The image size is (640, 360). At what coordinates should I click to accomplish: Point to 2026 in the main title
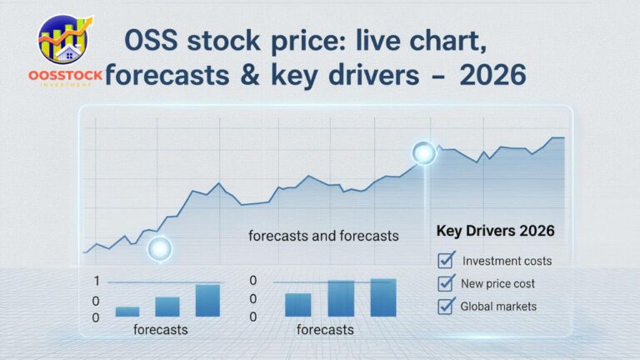point(490,76)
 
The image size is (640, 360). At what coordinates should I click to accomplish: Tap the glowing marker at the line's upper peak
point(424,152)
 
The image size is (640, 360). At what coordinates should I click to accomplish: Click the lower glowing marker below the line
point(158,248)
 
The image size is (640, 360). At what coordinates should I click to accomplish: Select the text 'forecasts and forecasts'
point(323,236)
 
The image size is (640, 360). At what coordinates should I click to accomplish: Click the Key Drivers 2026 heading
point(495,230)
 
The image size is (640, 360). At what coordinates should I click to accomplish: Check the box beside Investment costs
point(446,260)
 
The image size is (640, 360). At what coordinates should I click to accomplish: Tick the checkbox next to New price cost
point(446,283)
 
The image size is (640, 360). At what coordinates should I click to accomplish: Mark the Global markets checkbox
point(446,306)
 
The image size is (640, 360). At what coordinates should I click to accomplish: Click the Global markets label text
point(498,306)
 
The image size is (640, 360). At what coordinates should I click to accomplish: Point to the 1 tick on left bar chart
point(97,281)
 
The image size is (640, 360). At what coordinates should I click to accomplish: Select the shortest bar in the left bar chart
point(127,312)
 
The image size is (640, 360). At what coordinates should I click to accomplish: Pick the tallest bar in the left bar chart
point(207,300)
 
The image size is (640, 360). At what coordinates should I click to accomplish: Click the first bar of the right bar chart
point(297,304)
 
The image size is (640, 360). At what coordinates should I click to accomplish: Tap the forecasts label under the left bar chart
point(161,330)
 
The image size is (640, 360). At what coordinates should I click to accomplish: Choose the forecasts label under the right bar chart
point(325,330)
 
